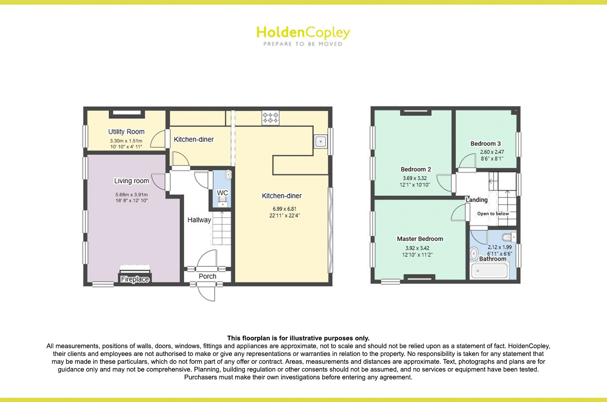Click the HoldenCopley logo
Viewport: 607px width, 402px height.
pyautogui.click(x=303, y=36)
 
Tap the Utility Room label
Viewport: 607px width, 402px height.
pyautogui.click(x=126, y=132)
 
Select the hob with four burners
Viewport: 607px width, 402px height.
pyautogui.click(x=271, y=118)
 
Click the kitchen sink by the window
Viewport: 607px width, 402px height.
pyautogui.click(x=320, y=142)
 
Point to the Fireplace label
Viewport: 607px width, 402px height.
pyautogui.click(x=135, y=279)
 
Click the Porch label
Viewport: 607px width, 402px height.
pyautogui.click(x=207, y=276)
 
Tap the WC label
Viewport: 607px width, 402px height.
pyautogui.click(x=222, y=193)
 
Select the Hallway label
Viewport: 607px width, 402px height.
pyautogui.click(x=199, y=220)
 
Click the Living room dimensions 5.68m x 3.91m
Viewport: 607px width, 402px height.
pyautogui.click(x=131, y=195)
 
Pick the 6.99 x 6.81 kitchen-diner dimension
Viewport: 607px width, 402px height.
pyautogui.click(x=285, y=209)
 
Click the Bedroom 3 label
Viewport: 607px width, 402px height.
pyautogui.click(x=485, y=143)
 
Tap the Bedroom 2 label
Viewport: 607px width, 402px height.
pyautogui.click(x=416, y=170)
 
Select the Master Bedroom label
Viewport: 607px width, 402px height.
pyautogui.click(x=420, y=239)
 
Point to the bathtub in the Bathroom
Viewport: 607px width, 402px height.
pyautogui.click(x=489, y=271)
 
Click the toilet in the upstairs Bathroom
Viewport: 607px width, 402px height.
pyautogui.click(x=509, y=237)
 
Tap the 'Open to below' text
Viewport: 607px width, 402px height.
pyautogui.click(x=493, y=214)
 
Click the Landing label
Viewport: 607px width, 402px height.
pyautogui.click(x=477, y=200)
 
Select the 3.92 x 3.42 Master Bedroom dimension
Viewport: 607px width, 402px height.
pyautogui.click(x=417, y=248)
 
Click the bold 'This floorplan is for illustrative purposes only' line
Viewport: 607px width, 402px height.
pyautogui.click(x=298, y=338)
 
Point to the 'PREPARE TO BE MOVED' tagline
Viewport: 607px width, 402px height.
pyautogui.click(x=303, y=44)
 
